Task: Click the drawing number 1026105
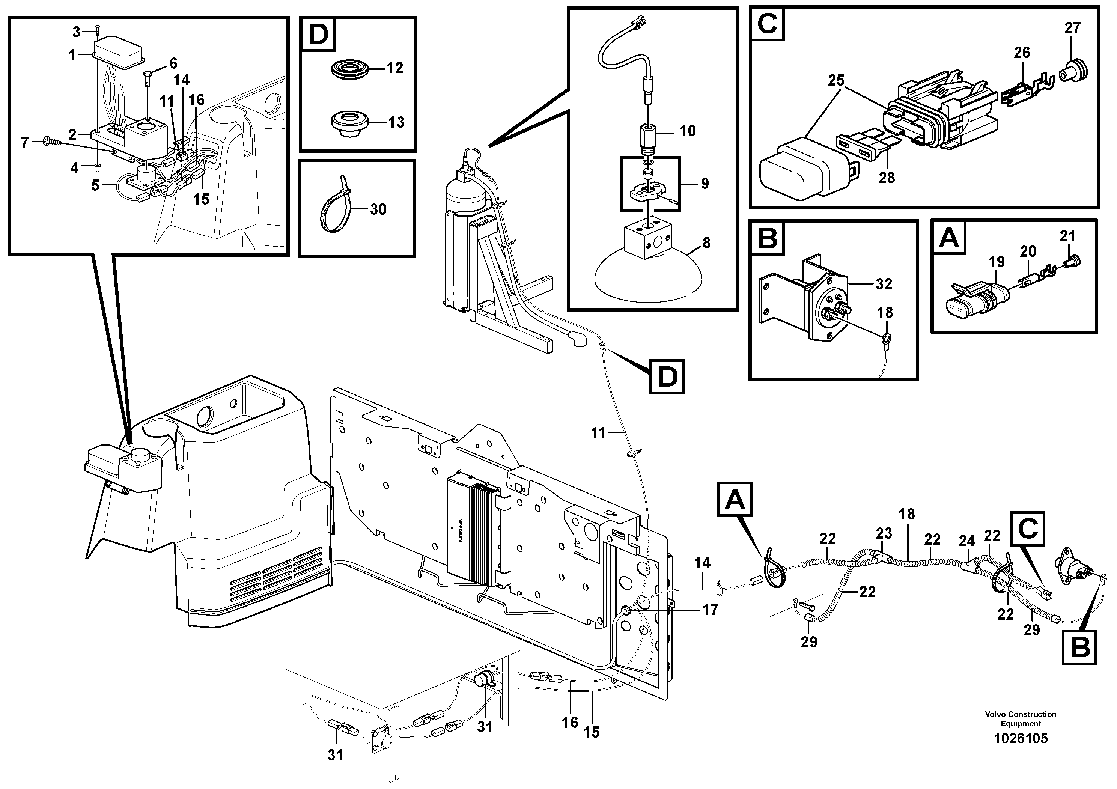1020,738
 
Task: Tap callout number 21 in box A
1067,236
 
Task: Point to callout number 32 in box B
884,284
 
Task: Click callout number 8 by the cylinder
706,242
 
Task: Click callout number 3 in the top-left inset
76,32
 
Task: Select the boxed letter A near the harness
735,500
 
